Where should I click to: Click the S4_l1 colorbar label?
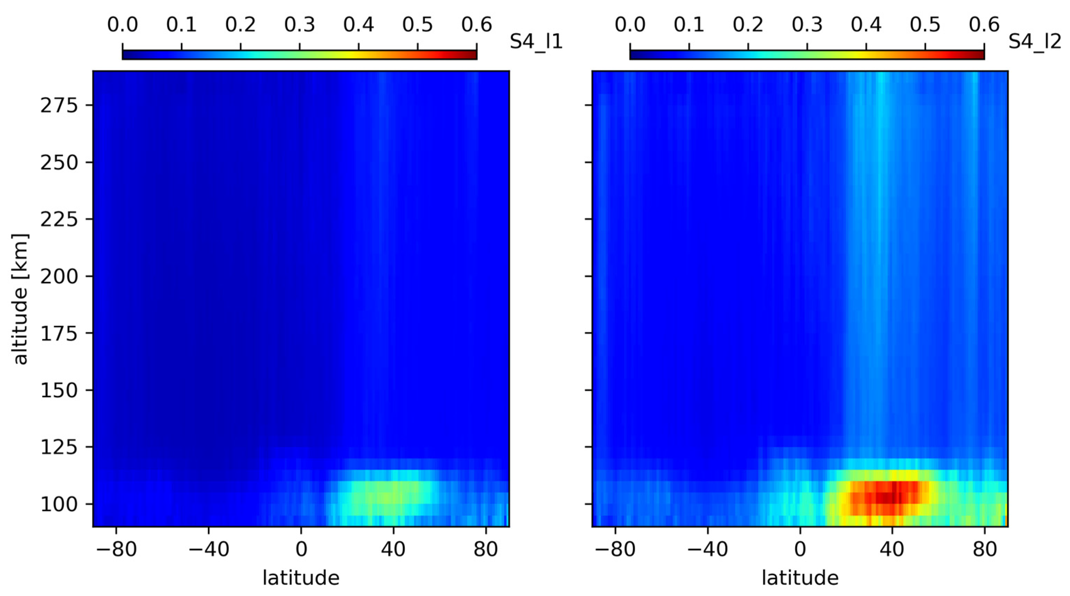(x=536, y=42)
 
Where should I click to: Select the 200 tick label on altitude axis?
(x=59, y=276)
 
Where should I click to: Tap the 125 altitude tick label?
(x=59, y=447)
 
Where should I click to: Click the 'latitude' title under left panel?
(x=301, y=578)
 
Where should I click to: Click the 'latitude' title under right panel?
(x=800, y=578)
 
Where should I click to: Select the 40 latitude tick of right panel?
(x=892, y=550)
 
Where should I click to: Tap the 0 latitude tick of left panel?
(x=301, y=550)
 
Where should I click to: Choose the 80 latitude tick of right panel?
(x=984, y=550)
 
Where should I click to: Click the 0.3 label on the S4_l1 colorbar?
(x=299, y=25)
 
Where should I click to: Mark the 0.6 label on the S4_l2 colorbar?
(x=984, y=25)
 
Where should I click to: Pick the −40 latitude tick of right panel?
(x=708, y=550)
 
